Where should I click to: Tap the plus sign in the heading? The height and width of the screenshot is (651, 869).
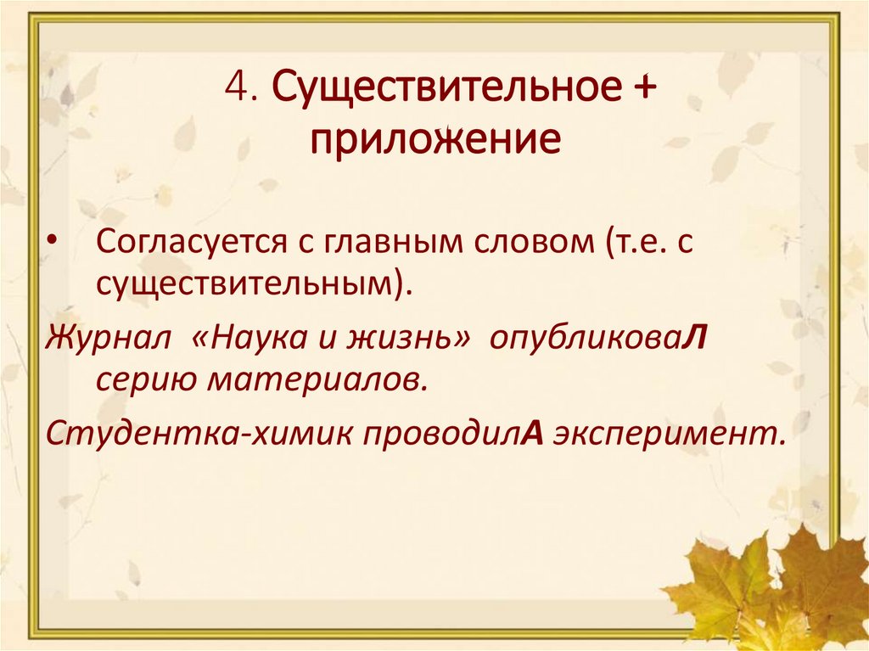coord(644,89)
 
